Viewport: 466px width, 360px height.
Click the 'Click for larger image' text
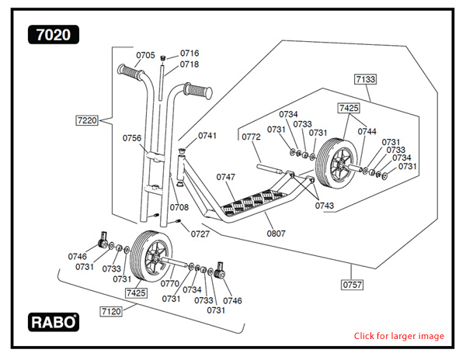tap(399, 336)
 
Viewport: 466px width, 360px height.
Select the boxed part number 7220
tap(88, 120)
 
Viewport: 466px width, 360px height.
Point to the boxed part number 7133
tap(365, 79)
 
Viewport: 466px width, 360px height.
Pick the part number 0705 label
tap(146, 55)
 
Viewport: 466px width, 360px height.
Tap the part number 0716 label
tap(190, 54)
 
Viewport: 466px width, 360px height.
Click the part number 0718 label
tap(190, 64)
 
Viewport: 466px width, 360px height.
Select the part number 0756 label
tap(132, 138)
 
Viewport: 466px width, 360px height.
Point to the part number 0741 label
tap(207, 136)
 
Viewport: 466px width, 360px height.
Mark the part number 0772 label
tap(251, 137)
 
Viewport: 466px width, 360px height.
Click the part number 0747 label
tap(225, 178)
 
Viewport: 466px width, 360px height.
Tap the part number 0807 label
tap(276, 233)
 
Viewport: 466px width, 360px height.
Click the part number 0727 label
tap(200, 234)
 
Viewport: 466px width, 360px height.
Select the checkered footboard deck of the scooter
tap(256, 200)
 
